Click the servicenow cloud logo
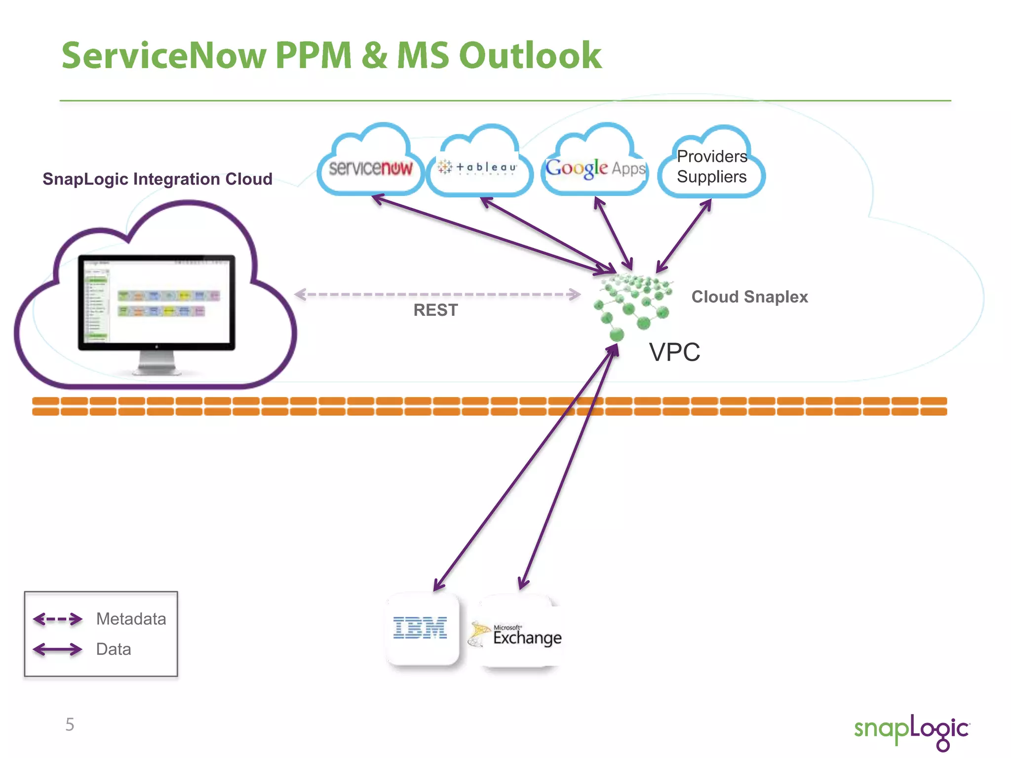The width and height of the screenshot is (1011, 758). tap(371, 168)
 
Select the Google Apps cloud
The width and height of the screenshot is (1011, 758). tap(595, 168)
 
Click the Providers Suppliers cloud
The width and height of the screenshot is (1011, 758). tap(711, 167)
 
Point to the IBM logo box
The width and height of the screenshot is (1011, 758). tap(421, 629)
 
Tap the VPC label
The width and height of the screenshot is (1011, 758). tap(674, 352)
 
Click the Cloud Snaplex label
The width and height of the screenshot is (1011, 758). tap(749, 297)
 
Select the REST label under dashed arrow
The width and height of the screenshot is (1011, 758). tap(435, 310)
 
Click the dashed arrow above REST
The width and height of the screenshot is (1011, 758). tap(437, 294)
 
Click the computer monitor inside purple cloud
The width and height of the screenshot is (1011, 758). tap(156, 302)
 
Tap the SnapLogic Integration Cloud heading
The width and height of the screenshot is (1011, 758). tap(157, 179)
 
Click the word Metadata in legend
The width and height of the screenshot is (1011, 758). tap(131, 619)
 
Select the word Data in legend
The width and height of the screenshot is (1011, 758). tap(114, 649)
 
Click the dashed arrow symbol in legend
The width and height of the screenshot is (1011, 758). tap(58, 619)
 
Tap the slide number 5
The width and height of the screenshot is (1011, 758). tap(70, 724)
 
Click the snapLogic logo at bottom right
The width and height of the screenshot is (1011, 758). tap(911, 730)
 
